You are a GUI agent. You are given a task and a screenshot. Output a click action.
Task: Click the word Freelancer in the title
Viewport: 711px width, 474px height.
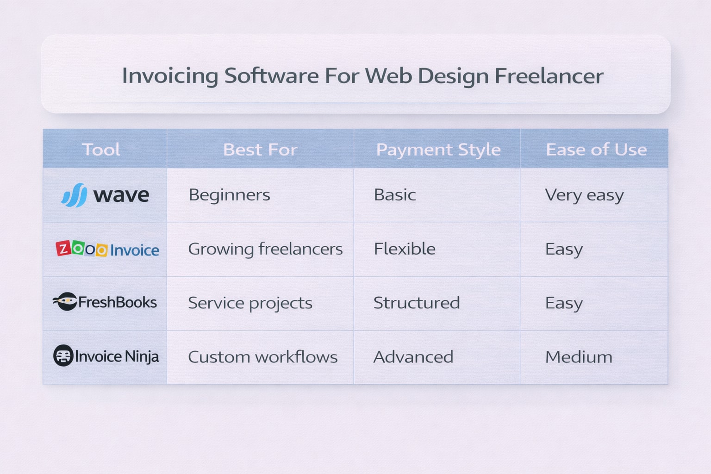[x=549, y=76]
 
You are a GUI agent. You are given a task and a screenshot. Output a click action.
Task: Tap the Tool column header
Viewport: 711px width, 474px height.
[x=101, y=150]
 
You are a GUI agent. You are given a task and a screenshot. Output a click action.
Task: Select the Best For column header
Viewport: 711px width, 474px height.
[x=260, y=150]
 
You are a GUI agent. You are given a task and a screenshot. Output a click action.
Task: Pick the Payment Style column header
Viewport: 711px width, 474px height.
[x=438, y=150]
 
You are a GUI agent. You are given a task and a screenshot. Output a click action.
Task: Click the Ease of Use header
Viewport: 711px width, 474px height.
[x=596, y=150]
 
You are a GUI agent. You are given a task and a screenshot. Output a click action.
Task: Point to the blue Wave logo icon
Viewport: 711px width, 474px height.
[x=75, y=195]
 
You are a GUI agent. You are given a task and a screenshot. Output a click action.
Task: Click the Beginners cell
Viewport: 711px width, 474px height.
[x=230, y=195]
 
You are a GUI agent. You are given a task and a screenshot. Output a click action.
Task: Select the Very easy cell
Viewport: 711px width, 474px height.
[x=584, y=195]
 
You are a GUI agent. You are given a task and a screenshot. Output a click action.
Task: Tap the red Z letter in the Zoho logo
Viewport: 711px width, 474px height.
[x=63, y=249]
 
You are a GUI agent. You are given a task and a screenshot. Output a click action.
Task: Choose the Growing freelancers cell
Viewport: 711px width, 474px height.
[x=265, y=249]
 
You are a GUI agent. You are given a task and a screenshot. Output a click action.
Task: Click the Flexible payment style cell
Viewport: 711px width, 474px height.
[x=405, y=249]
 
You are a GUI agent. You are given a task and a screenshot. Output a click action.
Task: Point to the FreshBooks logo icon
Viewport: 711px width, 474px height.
[x=65, y=301]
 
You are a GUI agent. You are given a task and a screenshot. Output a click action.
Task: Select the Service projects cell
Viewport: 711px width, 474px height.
[x=250, y=303]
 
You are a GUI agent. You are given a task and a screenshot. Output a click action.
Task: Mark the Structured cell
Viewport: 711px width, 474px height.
[x=417, y=303]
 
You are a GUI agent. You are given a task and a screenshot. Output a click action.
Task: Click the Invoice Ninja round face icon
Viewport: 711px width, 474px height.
[x=63, y=356]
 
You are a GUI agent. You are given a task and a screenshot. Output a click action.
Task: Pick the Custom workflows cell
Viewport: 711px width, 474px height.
[x=262, y=357]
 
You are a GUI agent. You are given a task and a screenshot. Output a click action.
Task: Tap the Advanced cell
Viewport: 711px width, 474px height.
[x=413, y=357]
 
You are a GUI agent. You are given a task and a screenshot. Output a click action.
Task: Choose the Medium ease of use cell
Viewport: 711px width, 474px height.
[x=579, y=357]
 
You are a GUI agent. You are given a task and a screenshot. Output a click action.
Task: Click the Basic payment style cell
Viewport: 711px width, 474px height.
[x=395, y=195]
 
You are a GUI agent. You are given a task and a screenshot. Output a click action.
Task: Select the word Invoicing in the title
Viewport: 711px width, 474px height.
[x=170, y=76]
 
